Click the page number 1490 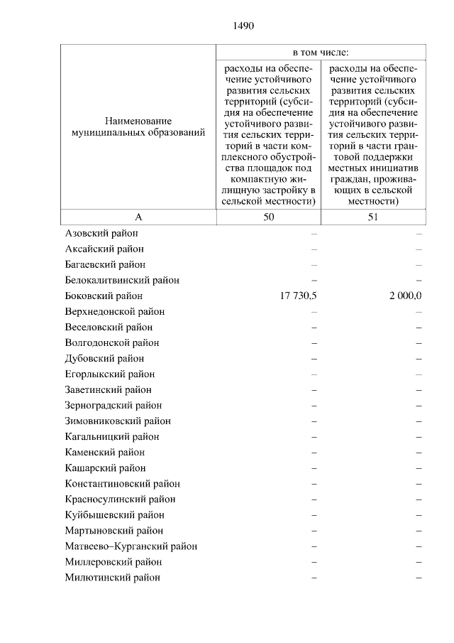243,26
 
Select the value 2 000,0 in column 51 405,296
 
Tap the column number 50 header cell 268,217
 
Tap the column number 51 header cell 373,217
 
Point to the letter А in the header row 138,217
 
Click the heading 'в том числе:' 321,53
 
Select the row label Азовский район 101,233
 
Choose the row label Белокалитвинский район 122,280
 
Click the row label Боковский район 104,296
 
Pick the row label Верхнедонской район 114,312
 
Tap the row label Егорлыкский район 109,374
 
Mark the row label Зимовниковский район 117,421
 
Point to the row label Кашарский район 105,468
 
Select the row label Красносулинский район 120,499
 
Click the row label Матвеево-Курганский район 131,546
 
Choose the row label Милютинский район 112,578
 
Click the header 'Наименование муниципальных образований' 138,126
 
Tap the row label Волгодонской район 111,343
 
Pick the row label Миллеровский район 113,562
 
